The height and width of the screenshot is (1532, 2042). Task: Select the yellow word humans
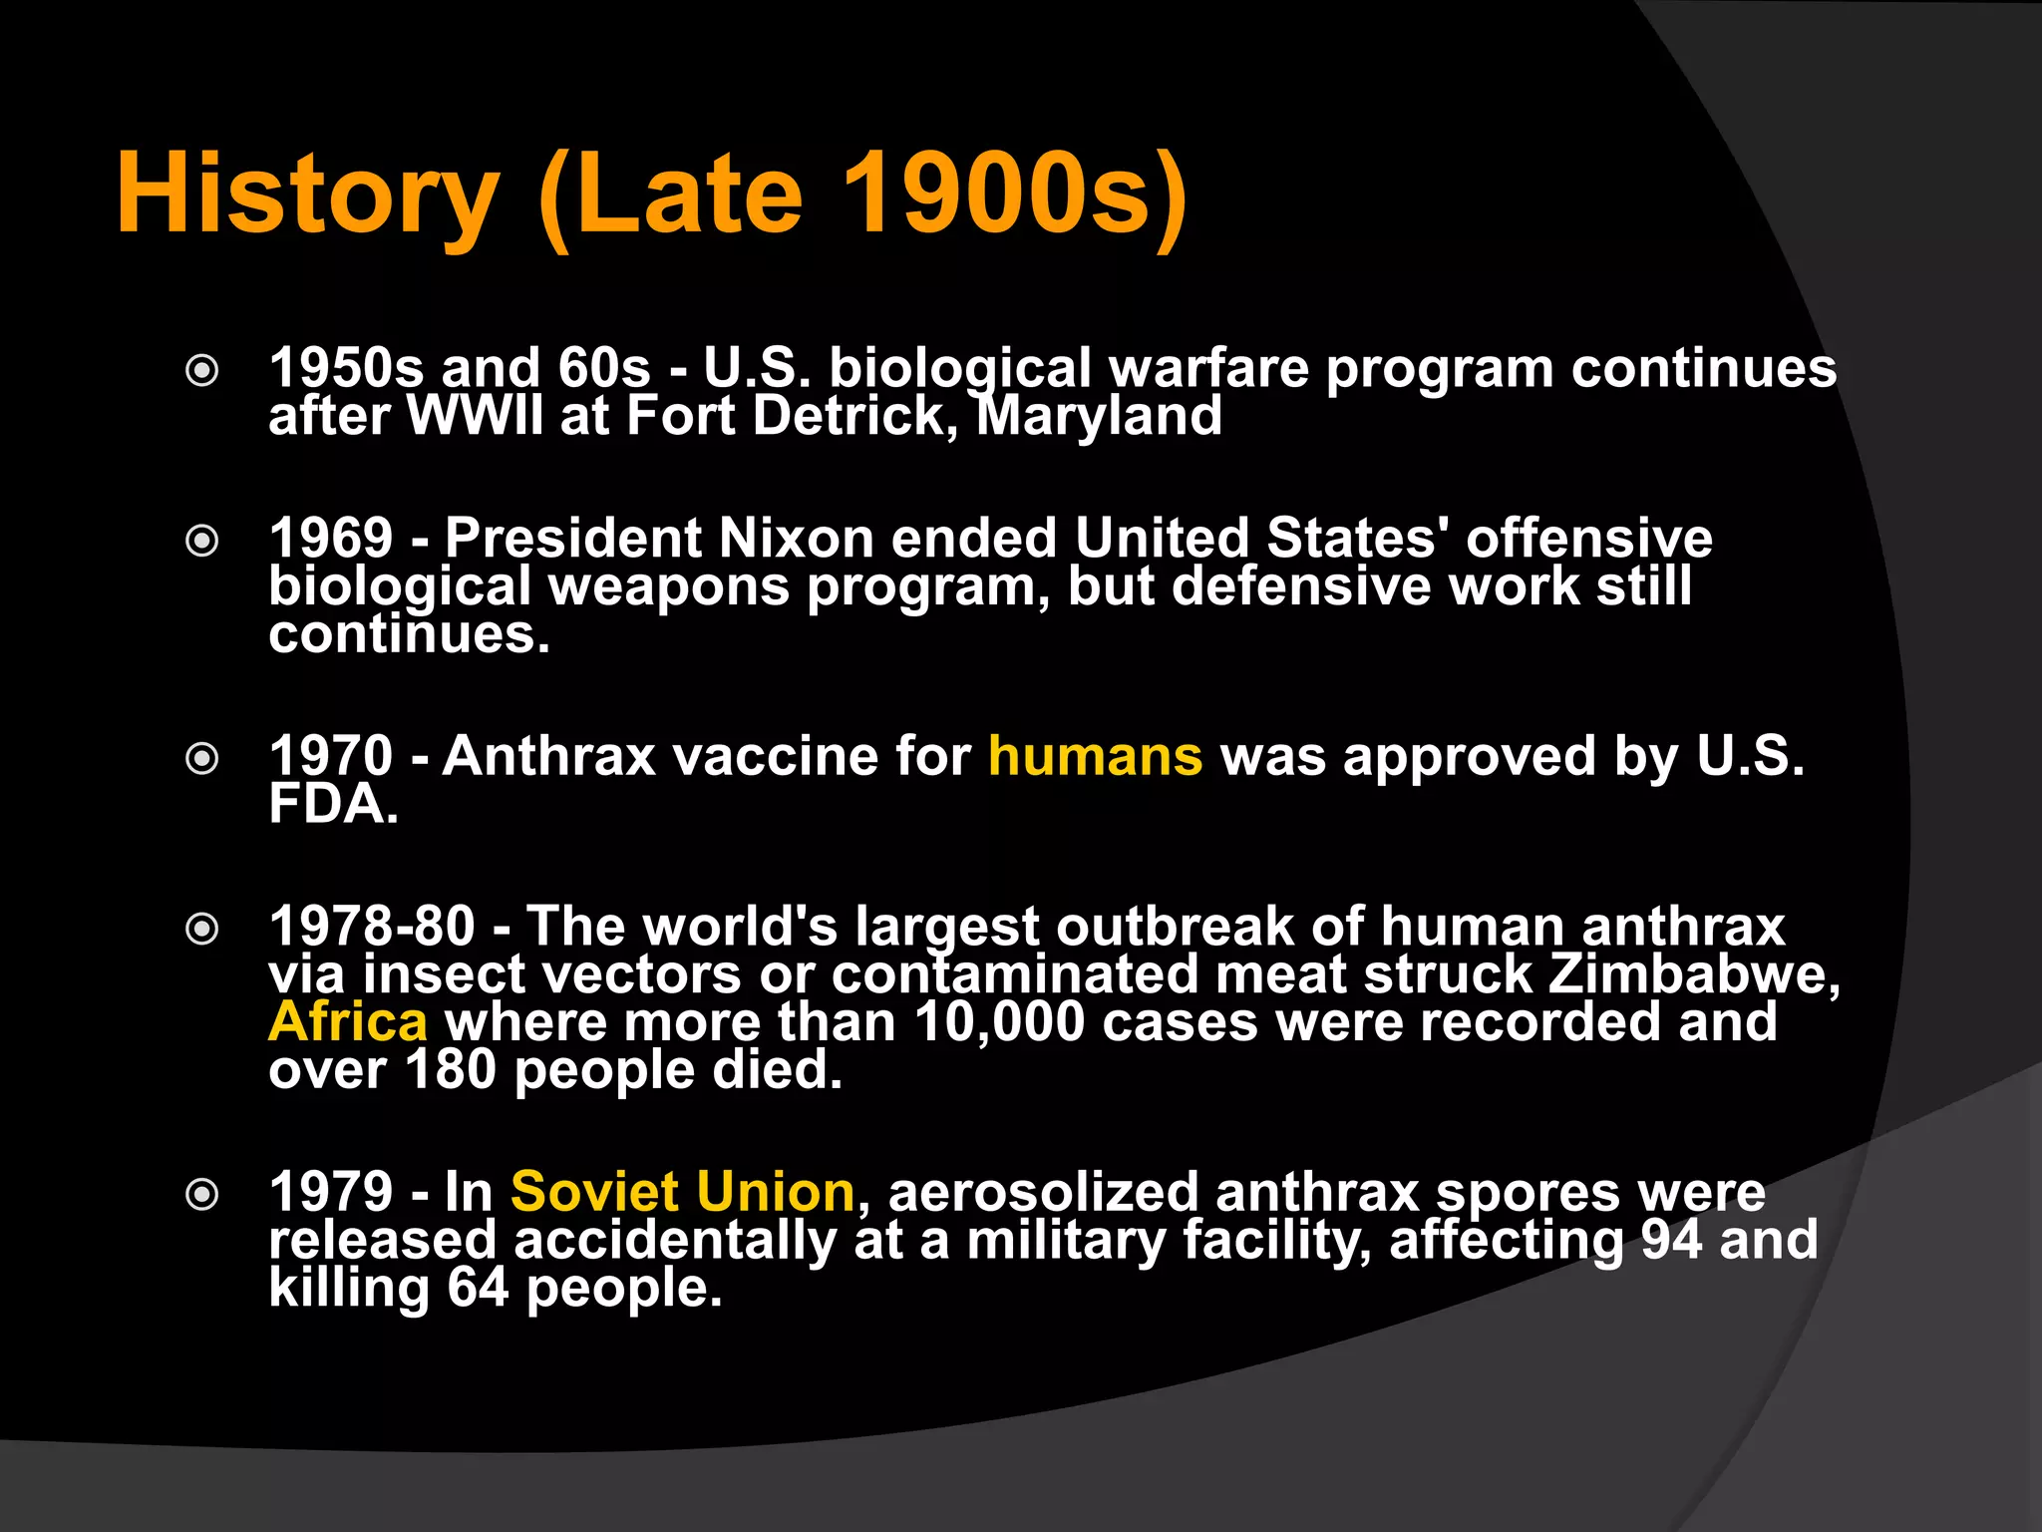point(1095,756)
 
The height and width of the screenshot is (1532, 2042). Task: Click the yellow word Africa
point(347,1021)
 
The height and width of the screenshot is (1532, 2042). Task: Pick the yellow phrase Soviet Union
point(682,1192)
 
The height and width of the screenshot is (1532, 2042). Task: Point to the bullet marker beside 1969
point(202,542)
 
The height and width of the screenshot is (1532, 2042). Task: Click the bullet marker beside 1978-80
point(202,930)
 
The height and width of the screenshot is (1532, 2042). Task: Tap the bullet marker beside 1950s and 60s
point(202,371)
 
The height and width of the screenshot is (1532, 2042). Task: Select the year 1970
point(331,756)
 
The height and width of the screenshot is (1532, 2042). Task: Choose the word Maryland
point(1098,416)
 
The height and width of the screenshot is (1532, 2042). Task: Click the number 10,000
point(998,1022)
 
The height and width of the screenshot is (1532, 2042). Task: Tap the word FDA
point(332,804)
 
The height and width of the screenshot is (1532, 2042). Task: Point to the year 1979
point(331,1192)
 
